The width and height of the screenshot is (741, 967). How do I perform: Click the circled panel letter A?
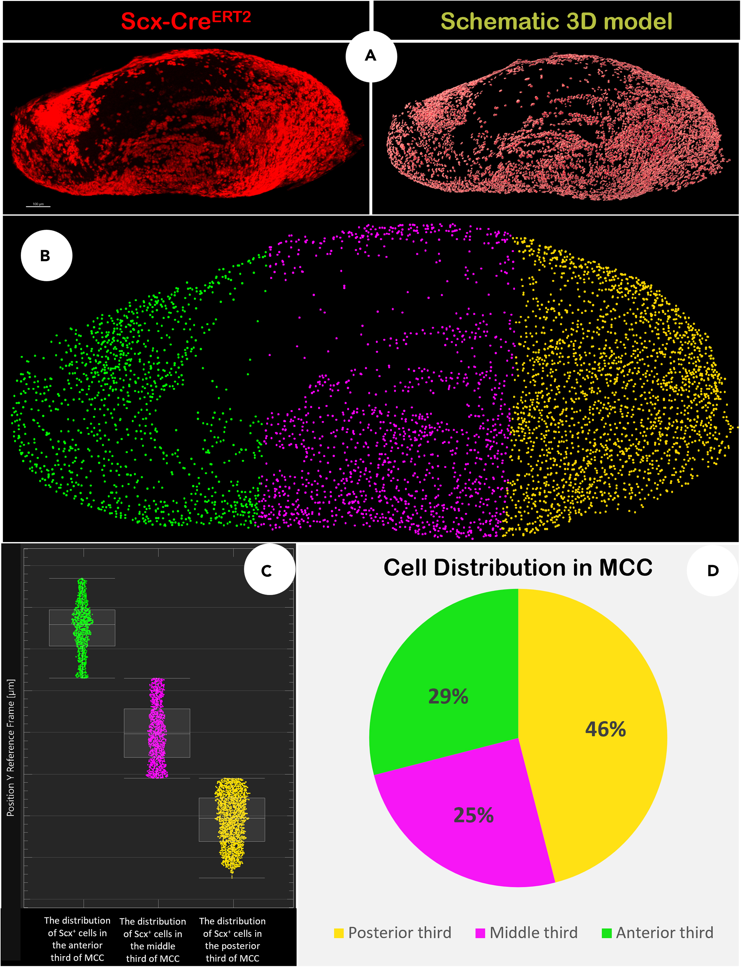point(371,56)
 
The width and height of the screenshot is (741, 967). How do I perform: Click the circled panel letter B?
point(46,255)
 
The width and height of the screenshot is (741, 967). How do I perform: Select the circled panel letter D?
point(712,571)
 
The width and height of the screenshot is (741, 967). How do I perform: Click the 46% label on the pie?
point(605,729)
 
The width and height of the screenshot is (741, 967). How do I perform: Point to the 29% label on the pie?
point(448,696)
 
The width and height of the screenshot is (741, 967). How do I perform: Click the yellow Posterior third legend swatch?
point(339,933)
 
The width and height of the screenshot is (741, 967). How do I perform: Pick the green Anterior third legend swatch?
point(607,933)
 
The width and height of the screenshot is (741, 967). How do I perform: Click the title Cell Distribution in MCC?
point(517,567)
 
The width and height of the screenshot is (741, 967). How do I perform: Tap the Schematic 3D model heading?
point(556,21)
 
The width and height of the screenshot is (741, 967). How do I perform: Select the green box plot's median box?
point(82,628)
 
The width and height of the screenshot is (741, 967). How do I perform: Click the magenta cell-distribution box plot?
point(157,733)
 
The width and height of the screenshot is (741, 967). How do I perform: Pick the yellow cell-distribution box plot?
point(232,819)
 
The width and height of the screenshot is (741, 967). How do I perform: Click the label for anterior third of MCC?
point(78,938)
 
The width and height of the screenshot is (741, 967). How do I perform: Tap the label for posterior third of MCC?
point(232,939)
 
